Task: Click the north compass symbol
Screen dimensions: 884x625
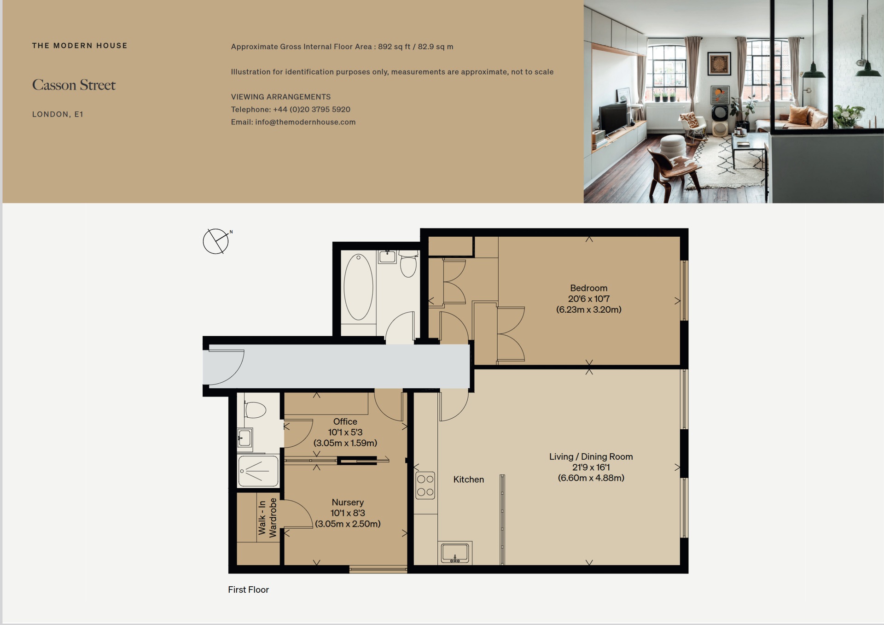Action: pos(216,241)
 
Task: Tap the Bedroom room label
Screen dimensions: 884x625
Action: pos(588,288)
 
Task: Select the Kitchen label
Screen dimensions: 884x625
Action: pos(468,479)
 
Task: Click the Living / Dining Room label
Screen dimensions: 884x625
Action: pos(591,456)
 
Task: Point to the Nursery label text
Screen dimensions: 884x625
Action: pos(348,502)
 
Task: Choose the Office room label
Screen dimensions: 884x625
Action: pos(345,421)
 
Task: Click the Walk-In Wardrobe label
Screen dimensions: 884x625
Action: pos(268,517)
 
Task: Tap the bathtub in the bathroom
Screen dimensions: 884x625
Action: pos(358,287)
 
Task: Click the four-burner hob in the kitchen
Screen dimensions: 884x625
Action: pos(425,485)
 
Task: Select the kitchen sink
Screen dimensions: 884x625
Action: pos(455,552)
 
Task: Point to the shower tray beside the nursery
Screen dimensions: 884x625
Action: pos(258,471)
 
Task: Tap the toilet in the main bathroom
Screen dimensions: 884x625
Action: pos(408,264)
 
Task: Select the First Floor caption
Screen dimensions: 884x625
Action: pos(248,590)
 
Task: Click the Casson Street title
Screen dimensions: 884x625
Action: pos(74,85)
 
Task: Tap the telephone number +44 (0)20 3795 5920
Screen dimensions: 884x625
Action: pos(312,110)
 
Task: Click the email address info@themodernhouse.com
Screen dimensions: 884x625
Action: pos(305,122)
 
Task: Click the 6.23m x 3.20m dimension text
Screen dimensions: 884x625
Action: pos(588,310)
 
